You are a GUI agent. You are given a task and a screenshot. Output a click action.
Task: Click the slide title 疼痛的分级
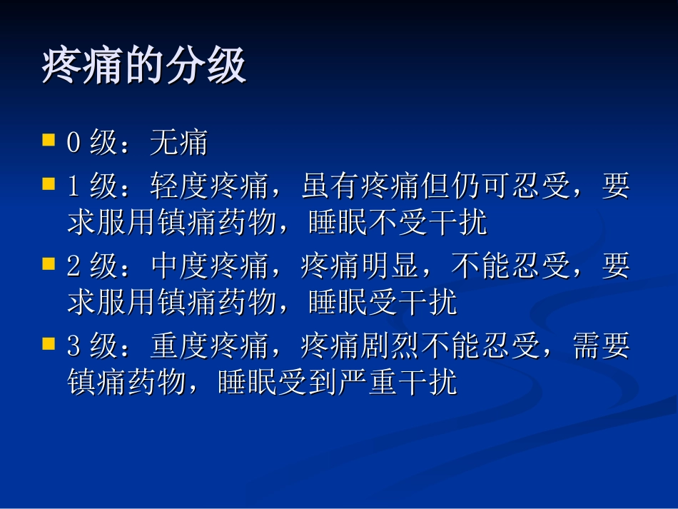pyautogui.click(x=144, y=68)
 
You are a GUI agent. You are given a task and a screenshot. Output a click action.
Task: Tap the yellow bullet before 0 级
pyautogui.click(x=49, y=138)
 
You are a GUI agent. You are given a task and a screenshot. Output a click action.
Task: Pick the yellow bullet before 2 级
pyautogui.click(x=49, y=263)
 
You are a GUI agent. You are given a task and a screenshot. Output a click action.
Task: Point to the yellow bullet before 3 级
pyautogui.click(x=49, y=344)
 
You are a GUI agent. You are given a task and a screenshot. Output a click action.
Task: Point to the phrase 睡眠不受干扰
pyautogui.click(x=398, y=223)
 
